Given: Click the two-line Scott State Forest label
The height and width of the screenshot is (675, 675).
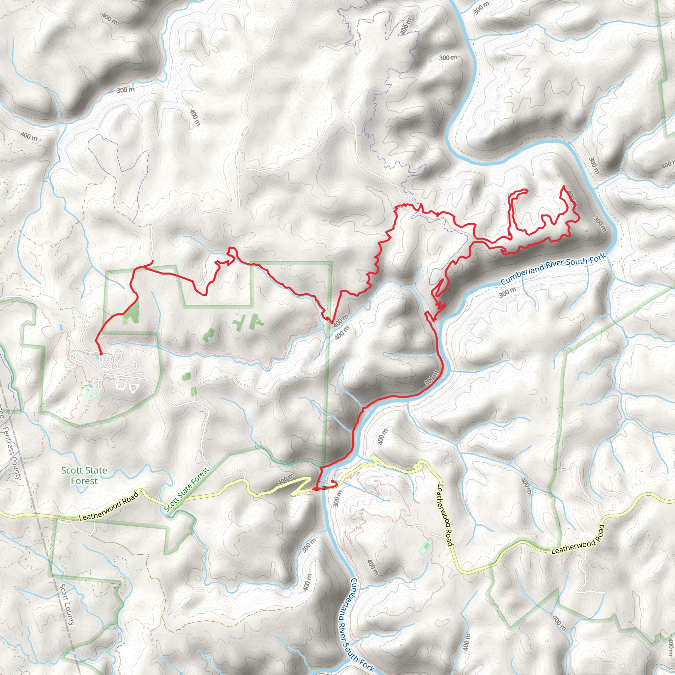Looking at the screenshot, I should pos(84,476).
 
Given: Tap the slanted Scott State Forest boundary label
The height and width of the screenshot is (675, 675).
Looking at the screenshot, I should pos(187,489).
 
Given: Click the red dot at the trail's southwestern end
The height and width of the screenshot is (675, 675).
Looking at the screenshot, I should pos(101,354).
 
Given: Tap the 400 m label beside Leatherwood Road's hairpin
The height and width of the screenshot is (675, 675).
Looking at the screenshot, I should pos(286,479).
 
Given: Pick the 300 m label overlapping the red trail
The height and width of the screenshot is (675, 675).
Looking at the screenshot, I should pos(431,378).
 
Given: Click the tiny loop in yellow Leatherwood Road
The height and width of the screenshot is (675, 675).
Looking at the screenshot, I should pos(418,465).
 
